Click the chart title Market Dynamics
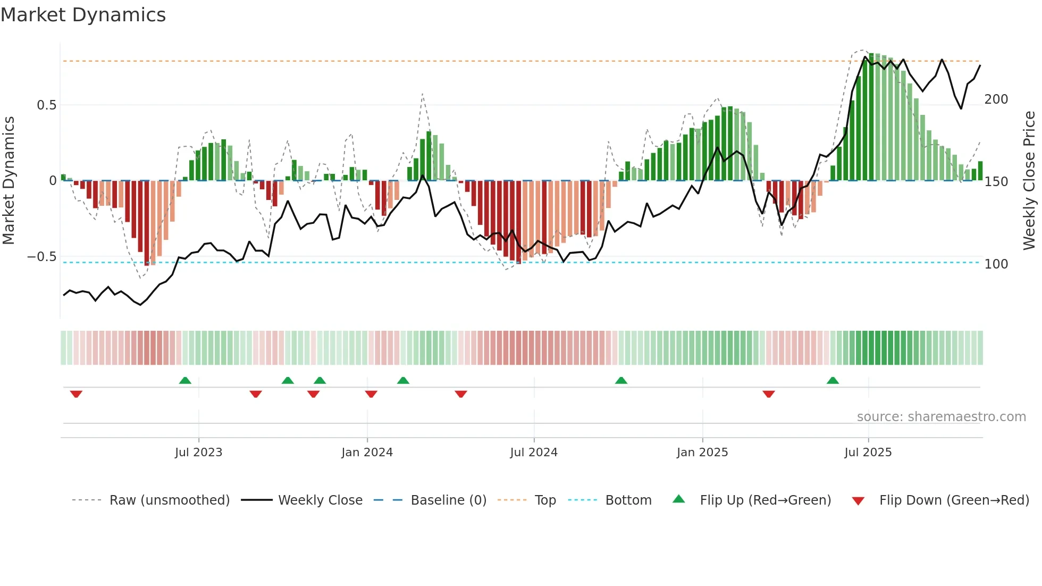[x=83, y=15]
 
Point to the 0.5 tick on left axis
[x=47, y=105]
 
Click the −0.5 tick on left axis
[x=42, y=257]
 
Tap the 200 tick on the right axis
[x=996, y=99]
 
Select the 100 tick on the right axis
[x=996, y=264]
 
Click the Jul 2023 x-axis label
[x=198, y=453]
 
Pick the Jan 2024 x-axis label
[x=367, y=453]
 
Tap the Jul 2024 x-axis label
[x=534, y=453]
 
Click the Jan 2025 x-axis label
[x=702, y=453]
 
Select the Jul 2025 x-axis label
[x=868, y=453]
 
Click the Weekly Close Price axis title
[x=1029, y=181]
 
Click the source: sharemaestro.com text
[x=941, y=417]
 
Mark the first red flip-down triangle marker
[x=76, y=394]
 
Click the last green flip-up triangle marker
[x=833, y=380]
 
